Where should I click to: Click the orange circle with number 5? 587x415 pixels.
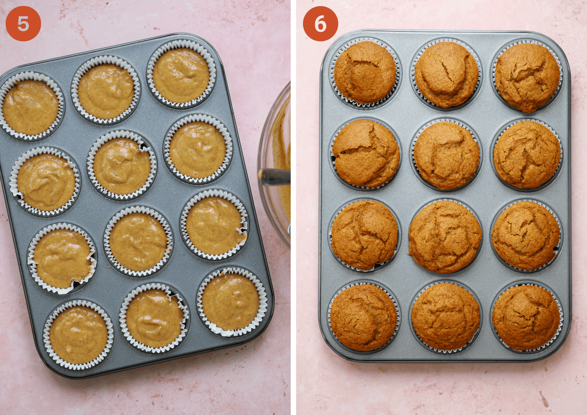pos(23,23)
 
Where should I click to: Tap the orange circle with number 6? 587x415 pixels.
pos(320,23)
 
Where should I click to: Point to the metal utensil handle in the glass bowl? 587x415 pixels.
pos(274,177)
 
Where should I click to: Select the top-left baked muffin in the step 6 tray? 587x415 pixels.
pos(365,72)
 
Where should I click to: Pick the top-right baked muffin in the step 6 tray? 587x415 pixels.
pos(527,77)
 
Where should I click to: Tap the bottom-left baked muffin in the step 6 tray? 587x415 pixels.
pos(364,317)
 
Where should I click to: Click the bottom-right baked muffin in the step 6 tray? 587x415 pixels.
pos(526,317)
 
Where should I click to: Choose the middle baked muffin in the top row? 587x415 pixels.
pos(446,74)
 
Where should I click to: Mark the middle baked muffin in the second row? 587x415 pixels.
pos(447,156)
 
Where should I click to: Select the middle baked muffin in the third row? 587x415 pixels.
pos(445,237)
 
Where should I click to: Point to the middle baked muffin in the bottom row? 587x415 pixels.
pos(446,316)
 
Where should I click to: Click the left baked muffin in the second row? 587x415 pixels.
pos(366,153)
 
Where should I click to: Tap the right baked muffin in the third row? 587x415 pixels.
pos(525,236)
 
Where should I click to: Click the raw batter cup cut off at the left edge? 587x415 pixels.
pos(31,106)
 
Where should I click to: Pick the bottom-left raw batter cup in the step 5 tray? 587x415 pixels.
pos(78,335)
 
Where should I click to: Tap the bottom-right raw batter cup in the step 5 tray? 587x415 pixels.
pos(232,302)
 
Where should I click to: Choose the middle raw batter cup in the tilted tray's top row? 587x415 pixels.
pos(106,90)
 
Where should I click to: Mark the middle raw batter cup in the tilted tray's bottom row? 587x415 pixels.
pos(154,318)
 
